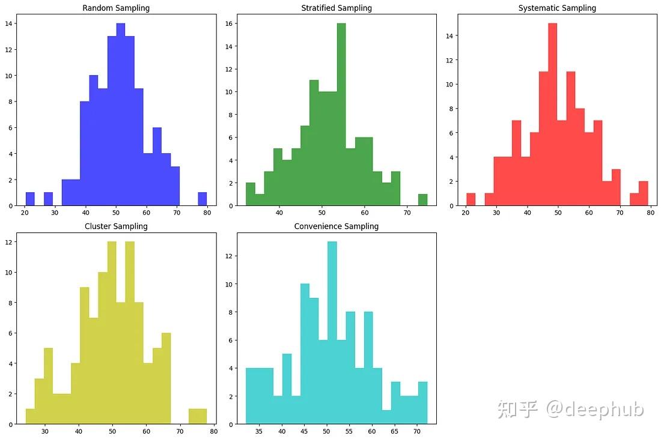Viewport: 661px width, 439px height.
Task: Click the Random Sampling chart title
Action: point(116,8)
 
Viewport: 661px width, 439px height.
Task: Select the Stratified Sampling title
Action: point(337,8)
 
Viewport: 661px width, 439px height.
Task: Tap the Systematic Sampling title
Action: point(557,8)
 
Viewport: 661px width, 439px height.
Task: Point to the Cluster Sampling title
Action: point(116,226)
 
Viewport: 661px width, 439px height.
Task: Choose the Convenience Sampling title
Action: point(337,226)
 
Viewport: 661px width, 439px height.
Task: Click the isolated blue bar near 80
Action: point(203,199)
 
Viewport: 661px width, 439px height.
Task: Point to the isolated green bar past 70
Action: point(423,200)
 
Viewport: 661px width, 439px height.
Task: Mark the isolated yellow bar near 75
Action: point(198,416)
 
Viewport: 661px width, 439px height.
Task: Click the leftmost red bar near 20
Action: point(471,199)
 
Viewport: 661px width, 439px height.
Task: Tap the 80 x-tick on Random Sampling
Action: point(207,212)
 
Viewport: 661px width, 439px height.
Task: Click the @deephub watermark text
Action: point(594,410)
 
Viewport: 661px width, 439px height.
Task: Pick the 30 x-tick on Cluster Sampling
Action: point(45,431)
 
